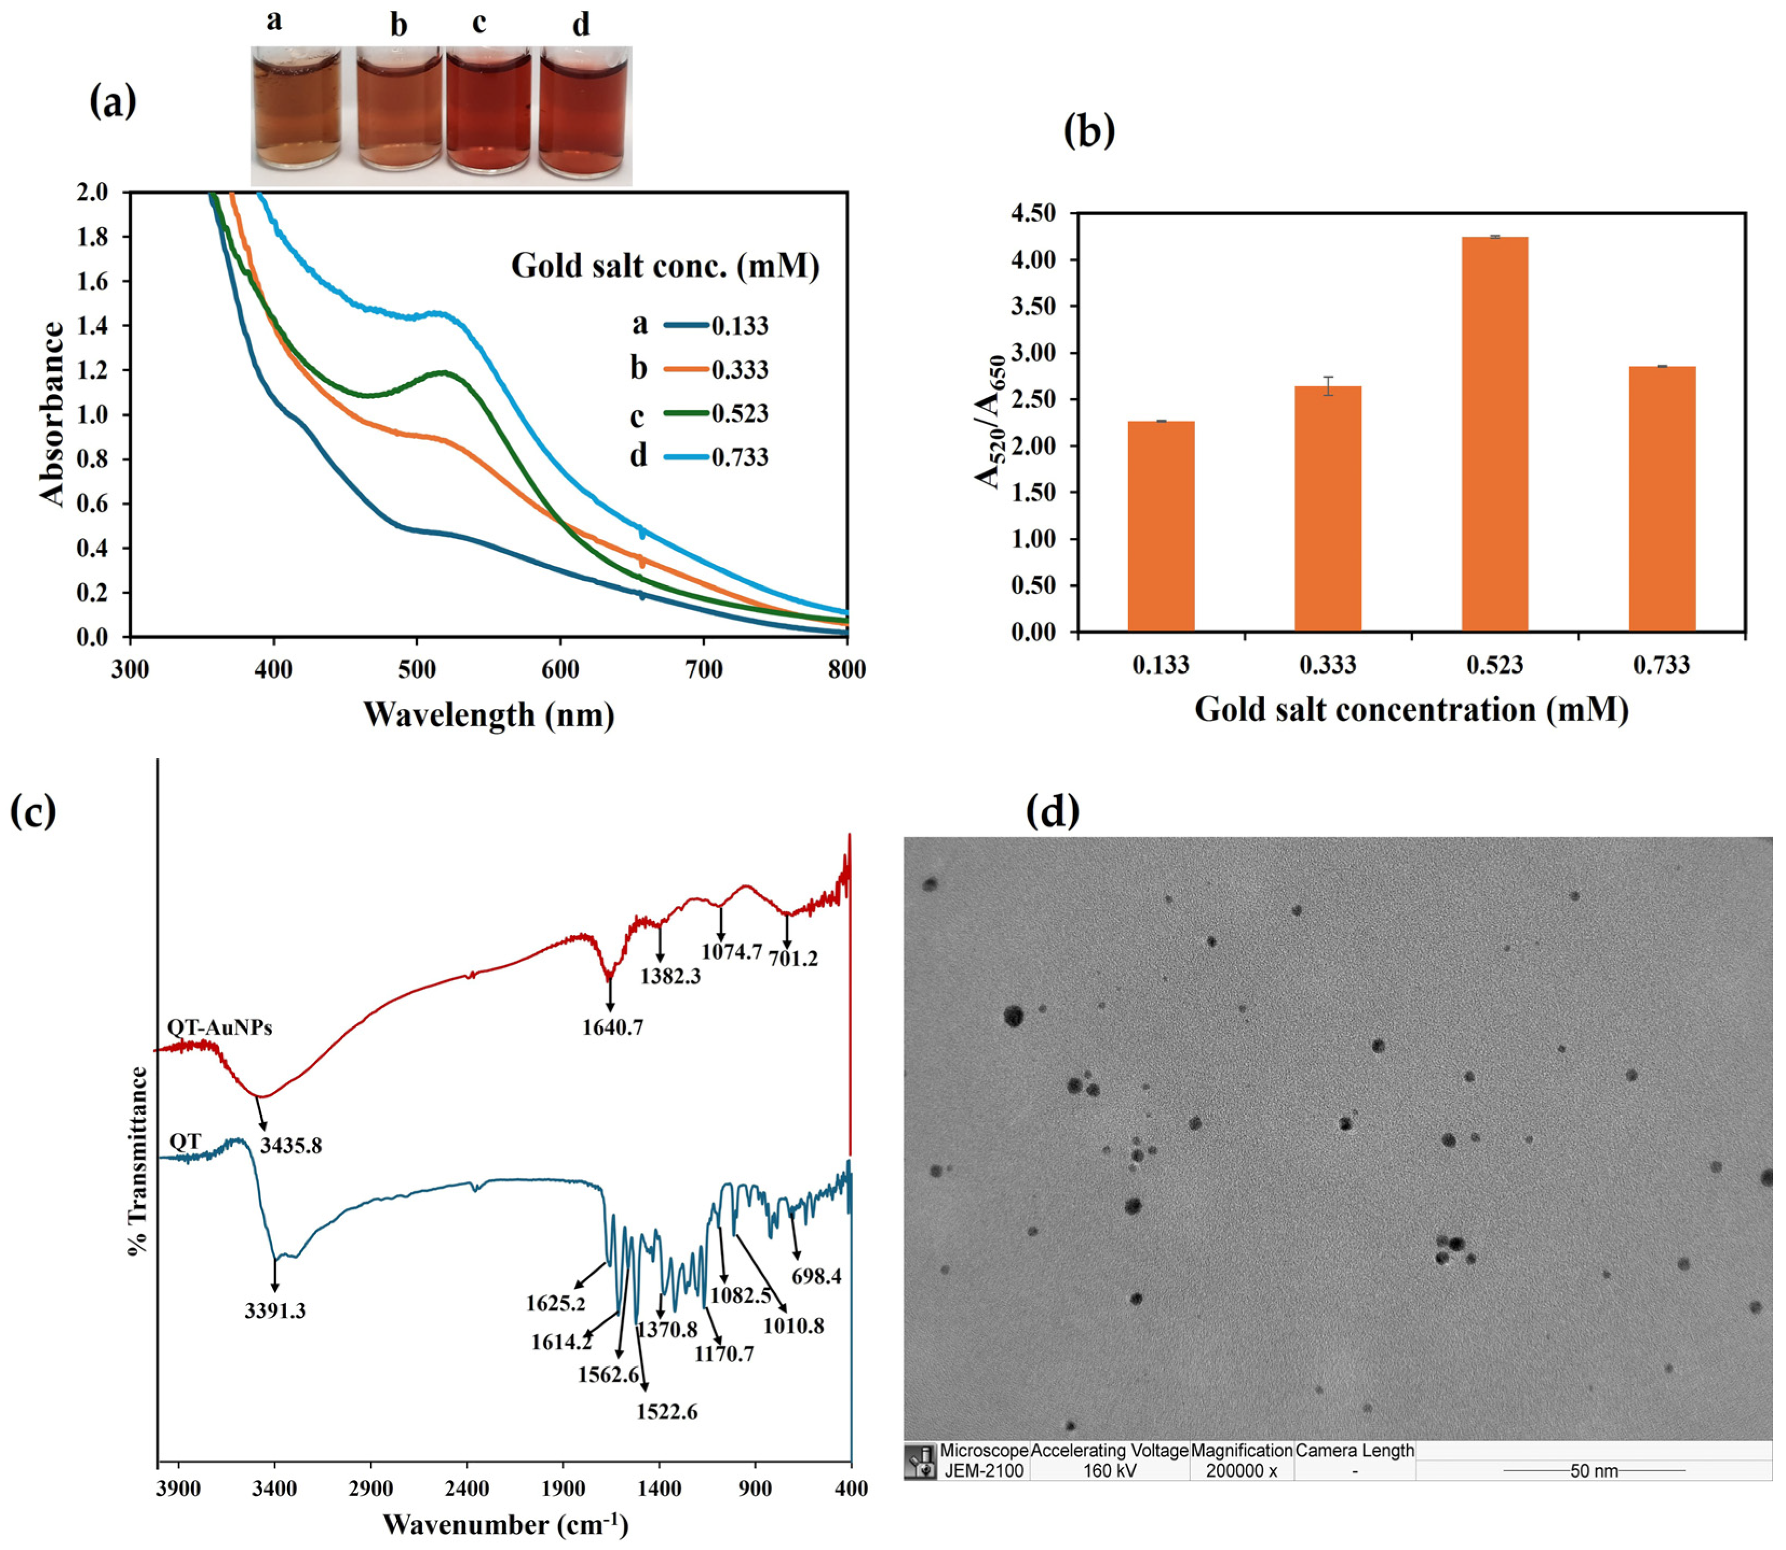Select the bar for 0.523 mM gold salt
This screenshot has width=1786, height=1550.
pos(1495,433)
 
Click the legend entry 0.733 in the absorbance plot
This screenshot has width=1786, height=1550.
pos(739,457)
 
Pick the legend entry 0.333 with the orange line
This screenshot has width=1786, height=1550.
pos(739,370)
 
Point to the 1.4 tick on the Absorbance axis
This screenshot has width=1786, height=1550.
pos(93,326)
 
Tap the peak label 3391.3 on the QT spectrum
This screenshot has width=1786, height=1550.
pos(275,1310)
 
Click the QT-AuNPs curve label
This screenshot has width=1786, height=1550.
pos(220,1028)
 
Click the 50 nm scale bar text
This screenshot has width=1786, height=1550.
pos(1593,1471)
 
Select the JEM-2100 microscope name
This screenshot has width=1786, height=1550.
pos(984,1471)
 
